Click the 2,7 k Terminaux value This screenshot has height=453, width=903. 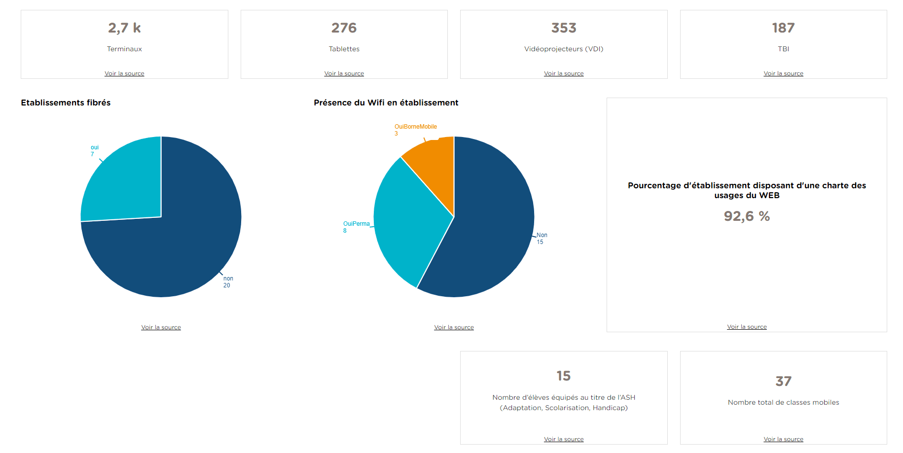pos(124,28)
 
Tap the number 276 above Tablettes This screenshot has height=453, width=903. pos(344,28)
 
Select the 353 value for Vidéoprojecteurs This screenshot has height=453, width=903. pos(564,28)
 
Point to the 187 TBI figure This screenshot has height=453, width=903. pos(783,28)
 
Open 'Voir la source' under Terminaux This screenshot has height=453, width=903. pos(124,73)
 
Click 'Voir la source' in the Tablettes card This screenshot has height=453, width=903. pos(344,73)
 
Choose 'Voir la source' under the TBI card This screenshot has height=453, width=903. pos(783,73)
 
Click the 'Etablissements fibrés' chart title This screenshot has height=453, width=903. pos(66,103)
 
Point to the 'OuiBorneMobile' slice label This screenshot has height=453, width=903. pos(415,127)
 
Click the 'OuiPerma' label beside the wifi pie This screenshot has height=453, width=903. pos(356,224)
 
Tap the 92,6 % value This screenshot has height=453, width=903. pos(747,216)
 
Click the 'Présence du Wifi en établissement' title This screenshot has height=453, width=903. pos(386,103)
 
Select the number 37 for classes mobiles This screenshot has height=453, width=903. pos(783,381)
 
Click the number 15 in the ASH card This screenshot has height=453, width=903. pos(564,376)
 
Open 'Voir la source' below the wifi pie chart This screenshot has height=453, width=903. pos(454,327)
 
